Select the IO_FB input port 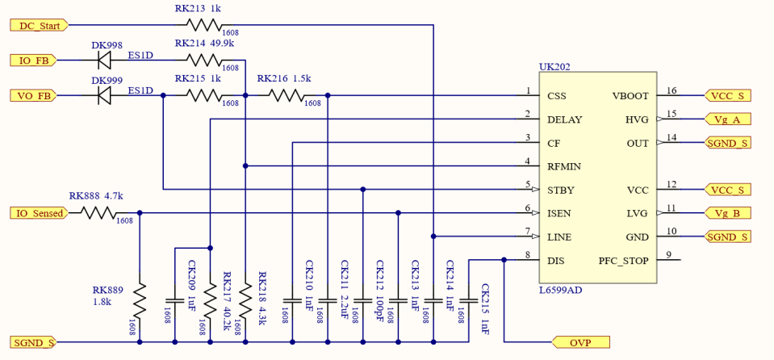point(34,60)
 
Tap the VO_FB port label point(34,95)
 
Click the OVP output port point(580,343)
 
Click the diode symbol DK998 point(103,60)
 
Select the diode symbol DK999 point(103,95)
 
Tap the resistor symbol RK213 point(203,25)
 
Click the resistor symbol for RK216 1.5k point(286,95)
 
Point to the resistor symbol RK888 point(98,213)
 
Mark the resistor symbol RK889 point(140,300)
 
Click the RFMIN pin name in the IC point(564,166)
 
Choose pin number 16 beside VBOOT point(671,90)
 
